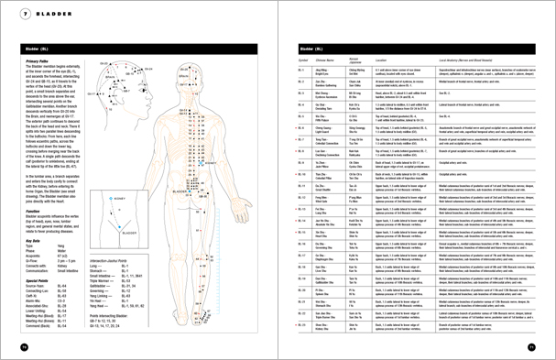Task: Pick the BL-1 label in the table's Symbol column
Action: click(303, 70)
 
